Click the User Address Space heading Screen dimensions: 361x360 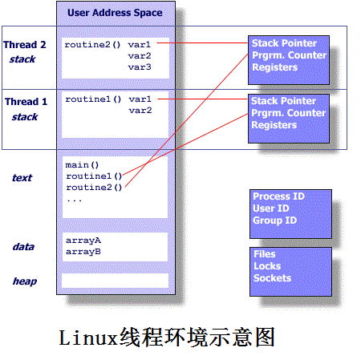(x=115, y=13)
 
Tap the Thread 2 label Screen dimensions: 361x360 (x=25, y=45)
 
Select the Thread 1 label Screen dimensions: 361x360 (x=26, y=102)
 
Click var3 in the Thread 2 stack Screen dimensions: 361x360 (x=140, y=67)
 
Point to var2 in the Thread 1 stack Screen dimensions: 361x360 (x=140, y=110)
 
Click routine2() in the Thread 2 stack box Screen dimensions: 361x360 (x=92, y=45)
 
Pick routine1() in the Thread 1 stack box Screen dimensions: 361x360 (x=93, y=99)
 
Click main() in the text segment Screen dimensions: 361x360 (x=82, y=165)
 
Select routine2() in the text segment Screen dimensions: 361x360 (x=94, y=188)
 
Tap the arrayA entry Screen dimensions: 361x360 (x=83, y=241)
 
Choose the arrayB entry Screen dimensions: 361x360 (x=83, y=252)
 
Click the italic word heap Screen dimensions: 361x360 (x=25, y=281)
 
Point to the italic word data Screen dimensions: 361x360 (x=23, y=247)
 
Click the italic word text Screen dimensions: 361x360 (x=22, y=178)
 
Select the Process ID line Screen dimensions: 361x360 (x=278, y=196)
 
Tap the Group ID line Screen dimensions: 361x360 (x=275, y=220)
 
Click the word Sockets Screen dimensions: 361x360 (x=272, y=278)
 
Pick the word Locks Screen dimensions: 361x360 (x=267, y=266)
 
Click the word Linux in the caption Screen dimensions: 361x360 (x=88, y=338)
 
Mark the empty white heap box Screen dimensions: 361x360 (x=115, y=281)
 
